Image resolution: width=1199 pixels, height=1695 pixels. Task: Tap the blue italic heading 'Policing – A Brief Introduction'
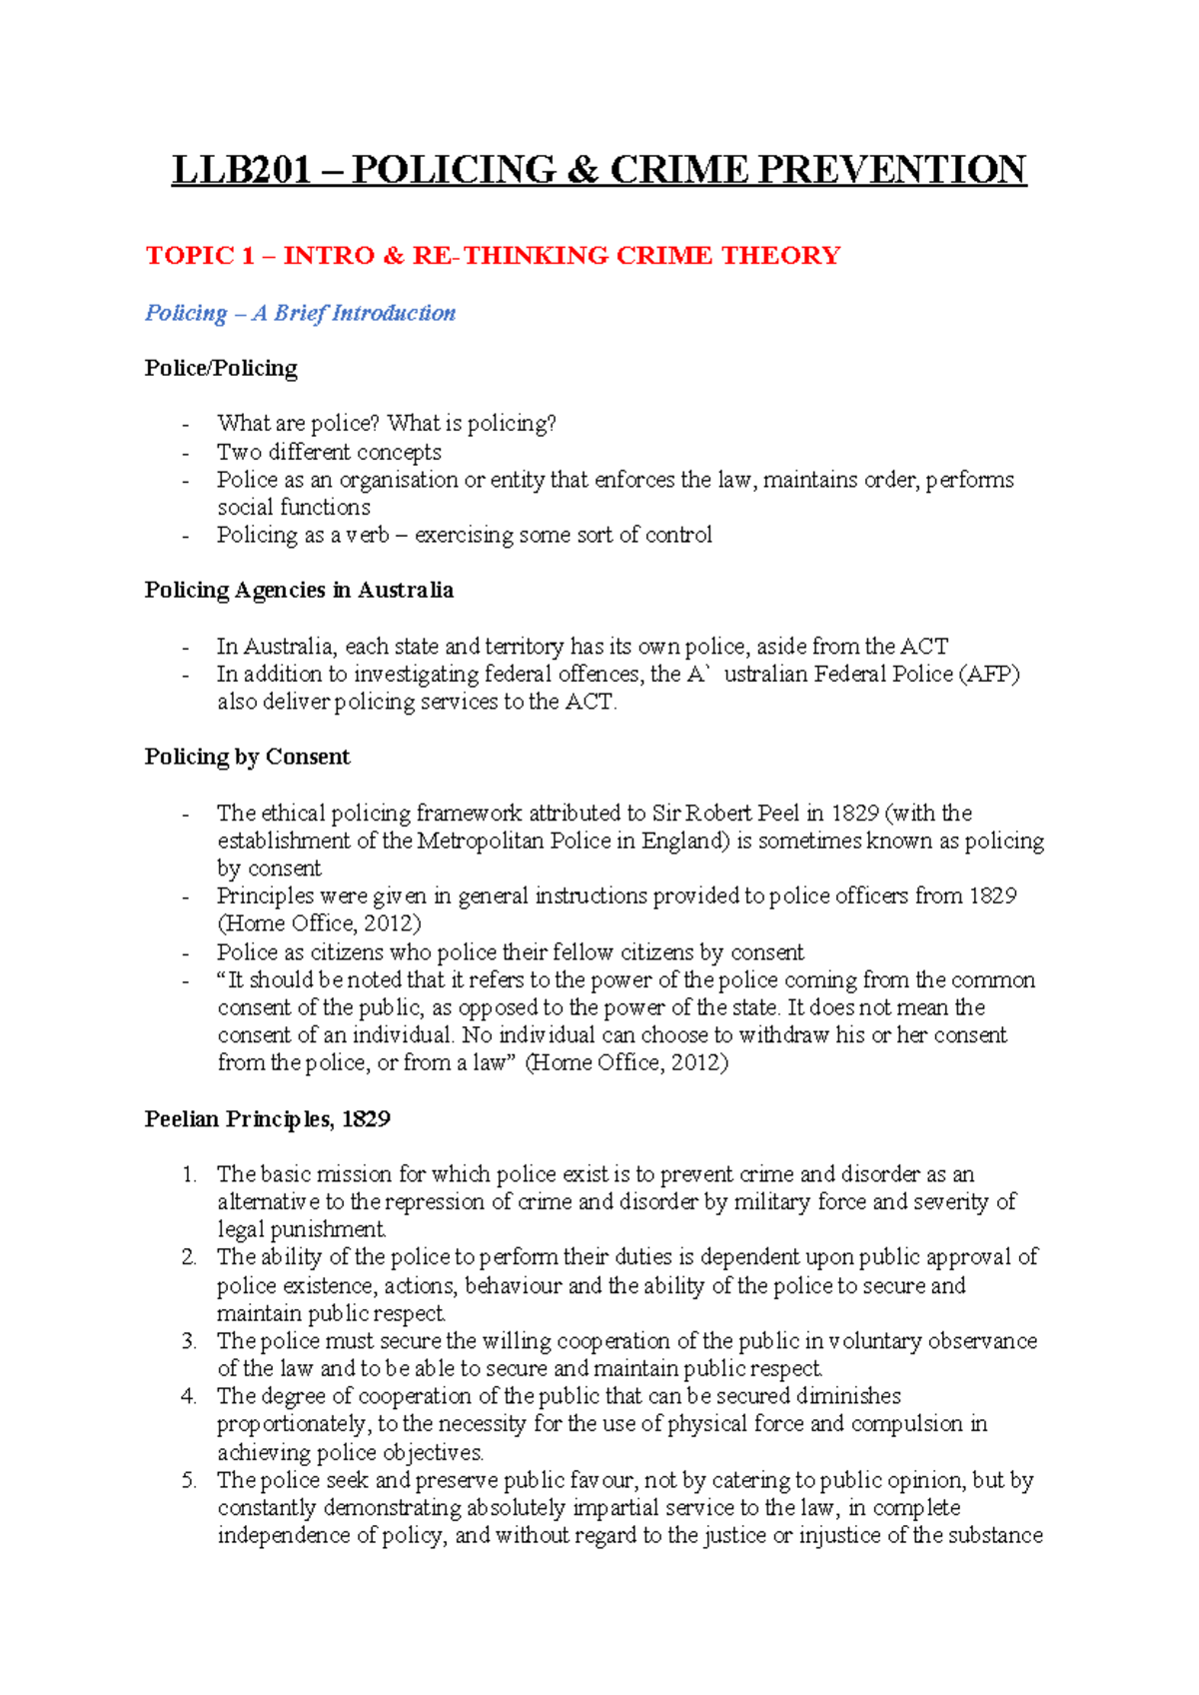pyautogui.click(x=300, y=313)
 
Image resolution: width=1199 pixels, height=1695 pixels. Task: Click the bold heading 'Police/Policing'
pyautogui.click(x=221, y=368)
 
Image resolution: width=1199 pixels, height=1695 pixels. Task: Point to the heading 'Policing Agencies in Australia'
pyautogui.click(x=299, y=590)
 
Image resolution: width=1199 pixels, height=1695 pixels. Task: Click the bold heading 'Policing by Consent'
pyautogui.click(x=247, y=757)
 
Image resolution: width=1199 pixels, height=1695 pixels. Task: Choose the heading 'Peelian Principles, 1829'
pyautogui.click(x=267, y=1118)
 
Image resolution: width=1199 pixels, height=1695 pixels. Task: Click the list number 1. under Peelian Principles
pyautogui.click(x=190, y=1174)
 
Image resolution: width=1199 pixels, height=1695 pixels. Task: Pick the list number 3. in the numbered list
pyautogui.click(x=190, y=1341)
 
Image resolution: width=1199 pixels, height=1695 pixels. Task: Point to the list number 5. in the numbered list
pyautogui.click(x=190, y=1480)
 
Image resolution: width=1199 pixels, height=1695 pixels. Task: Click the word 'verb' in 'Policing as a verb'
pyautogui.click(x=368, y=535)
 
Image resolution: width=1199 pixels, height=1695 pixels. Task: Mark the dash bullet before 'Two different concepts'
pyautogui.click(x=186, y=453)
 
